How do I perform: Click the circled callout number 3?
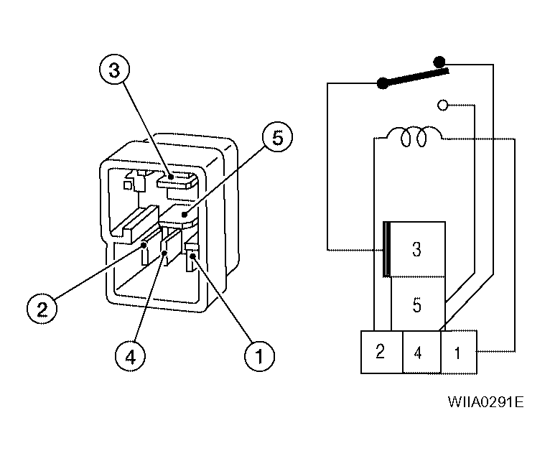coord(114,69)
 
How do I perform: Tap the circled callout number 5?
coord(277,137)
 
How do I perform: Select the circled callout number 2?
coord(42,309)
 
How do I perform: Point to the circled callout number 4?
coord(130,357)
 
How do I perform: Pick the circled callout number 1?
coord(259,355)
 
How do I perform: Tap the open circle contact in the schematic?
coord(443,105)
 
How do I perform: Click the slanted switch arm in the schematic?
coord(414,77)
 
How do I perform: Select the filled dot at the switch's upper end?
coord(439,62)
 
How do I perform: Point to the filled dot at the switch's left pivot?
coord(382,83)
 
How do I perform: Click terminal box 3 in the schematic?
coord(416,249)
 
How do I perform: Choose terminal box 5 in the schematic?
coord(418,304)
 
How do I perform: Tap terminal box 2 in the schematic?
coord(382,352)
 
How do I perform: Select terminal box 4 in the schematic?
coord(421,352)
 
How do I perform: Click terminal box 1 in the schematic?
coord(459,352)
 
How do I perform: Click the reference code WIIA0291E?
coord(486,401)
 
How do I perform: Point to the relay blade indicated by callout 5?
coord(179,215)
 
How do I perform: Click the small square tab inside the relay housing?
coord(128,185)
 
